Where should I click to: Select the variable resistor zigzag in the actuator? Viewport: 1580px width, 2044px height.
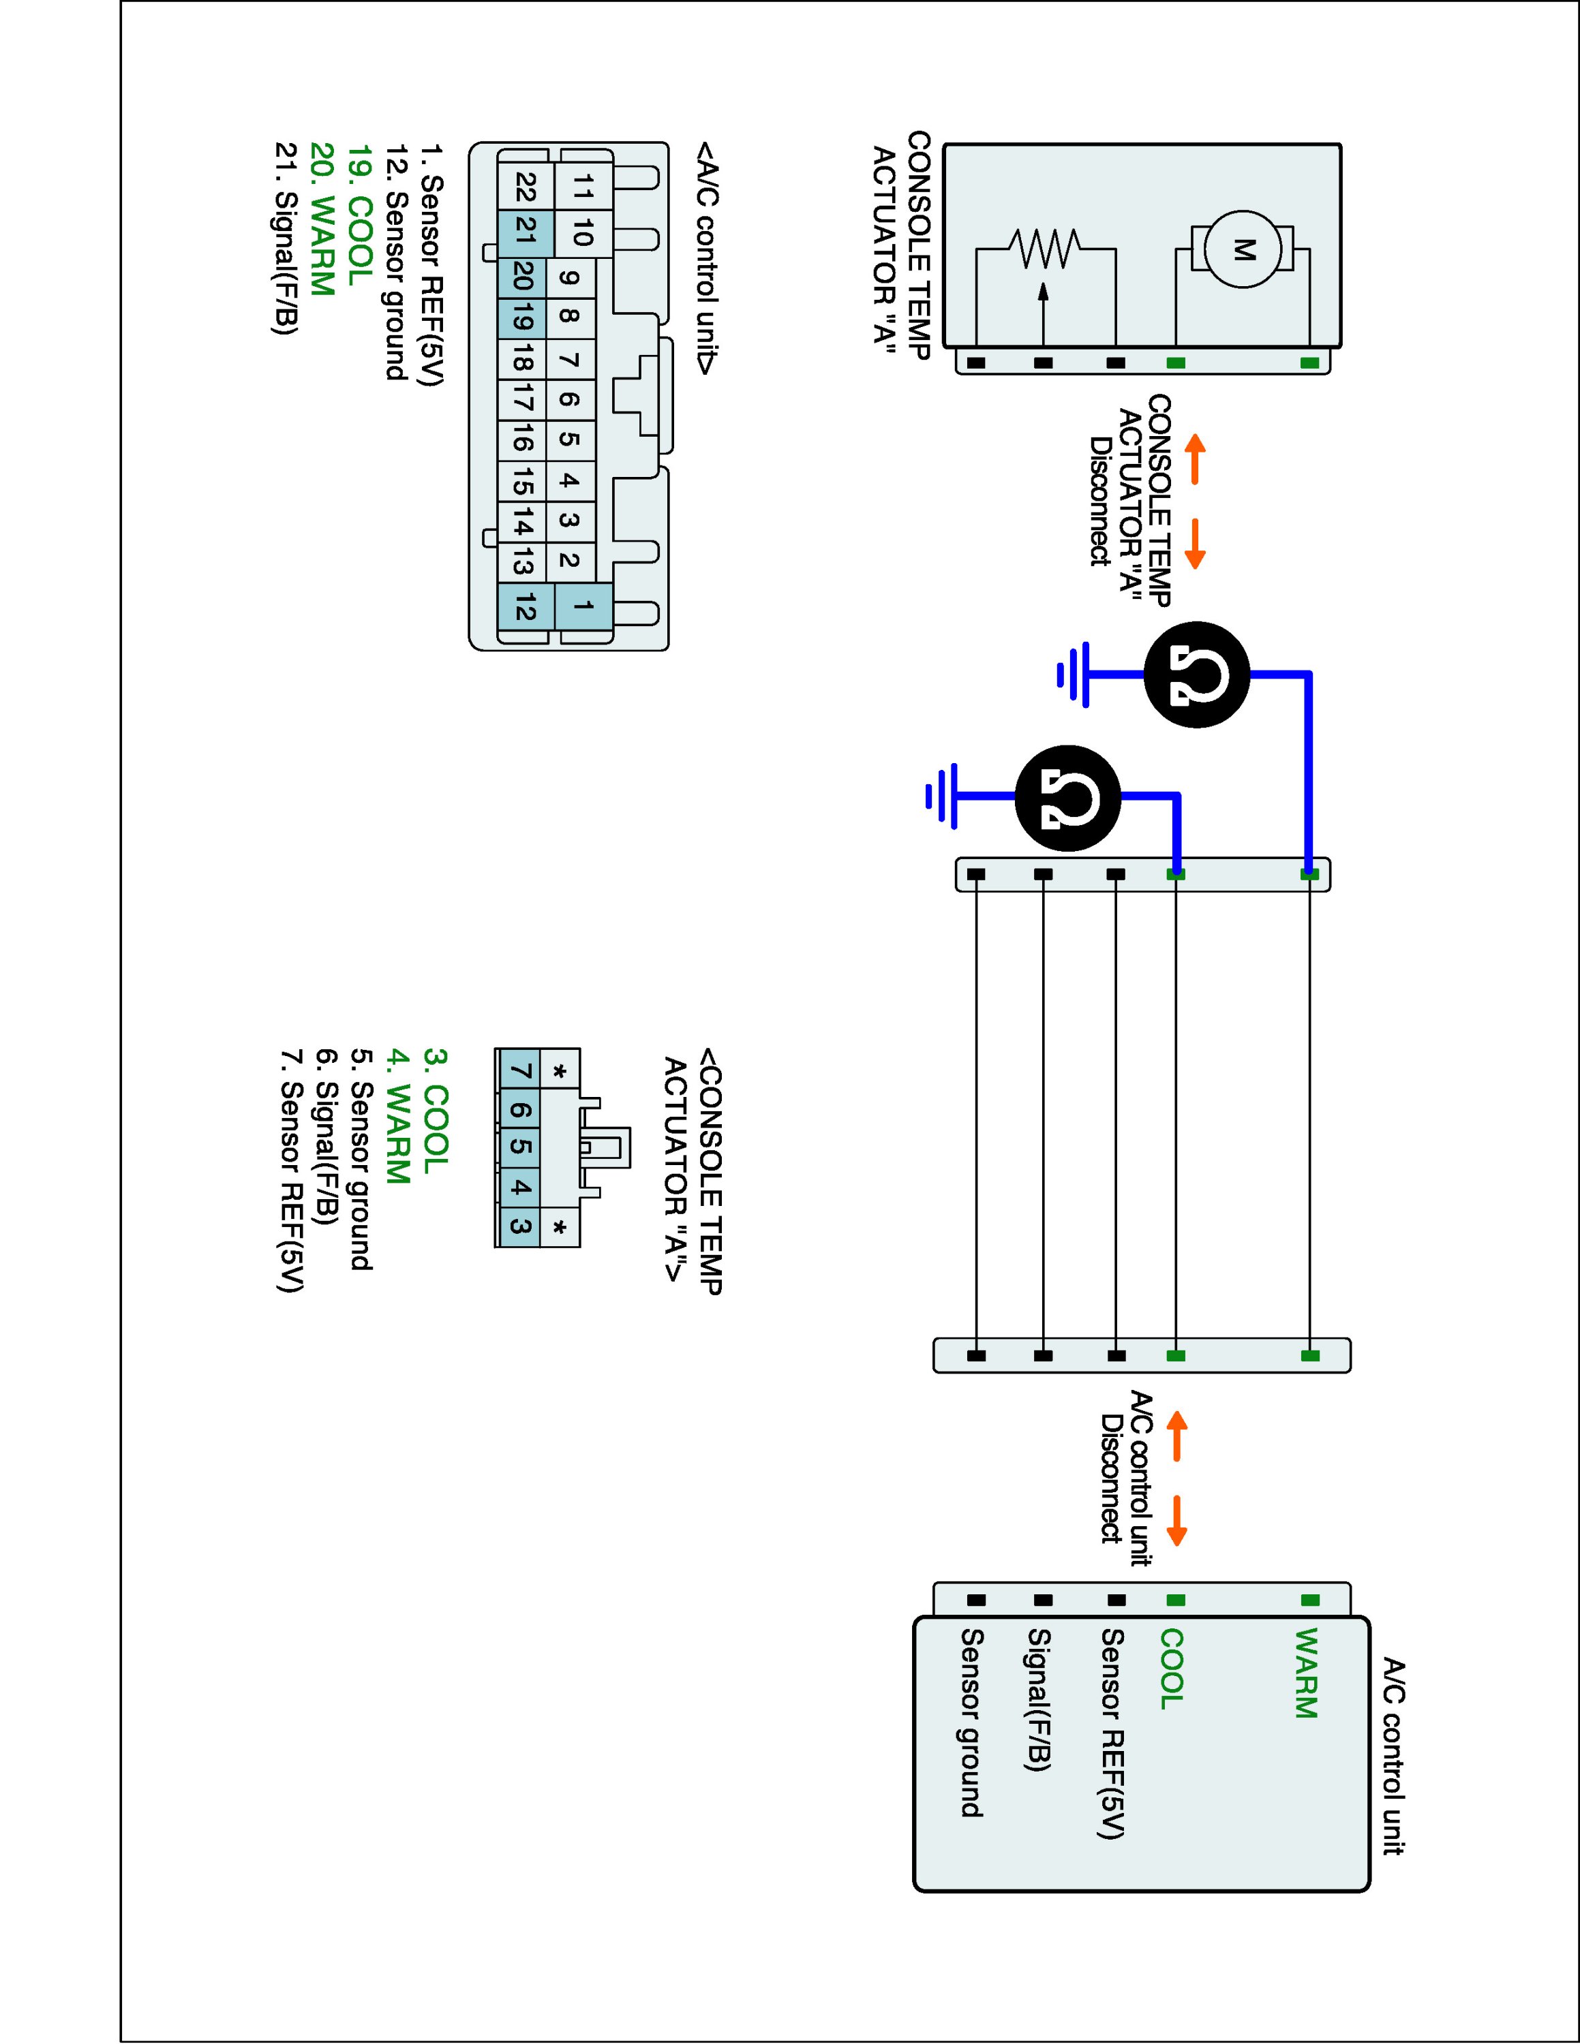(x=1045, y=249)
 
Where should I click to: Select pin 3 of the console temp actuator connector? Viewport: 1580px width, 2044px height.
(x=521, y=1226)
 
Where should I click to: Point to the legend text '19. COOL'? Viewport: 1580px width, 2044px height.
(x=361, y=215)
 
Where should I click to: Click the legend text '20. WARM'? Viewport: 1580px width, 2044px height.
(x=322, y=220)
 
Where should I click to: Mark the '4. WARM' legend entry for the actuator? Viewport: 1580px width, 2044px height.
(x=399, y=1118)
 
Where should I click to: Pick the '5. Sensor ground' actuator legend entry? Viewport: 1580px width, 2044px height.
(x=361, y=1160)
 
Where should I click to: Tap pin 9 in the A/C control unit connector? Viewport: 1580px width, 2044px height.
(x=568, y=278)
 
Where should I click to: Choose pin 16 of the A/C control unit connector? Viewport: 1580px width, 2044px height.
(x=522, y=441)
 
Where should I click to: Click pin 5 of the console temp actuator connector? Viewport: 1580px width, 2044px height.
(x=521, y=1147)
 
